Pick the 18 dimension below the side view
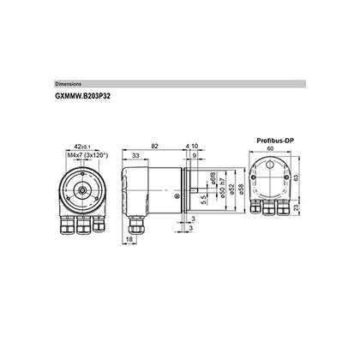pos(129,243)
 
